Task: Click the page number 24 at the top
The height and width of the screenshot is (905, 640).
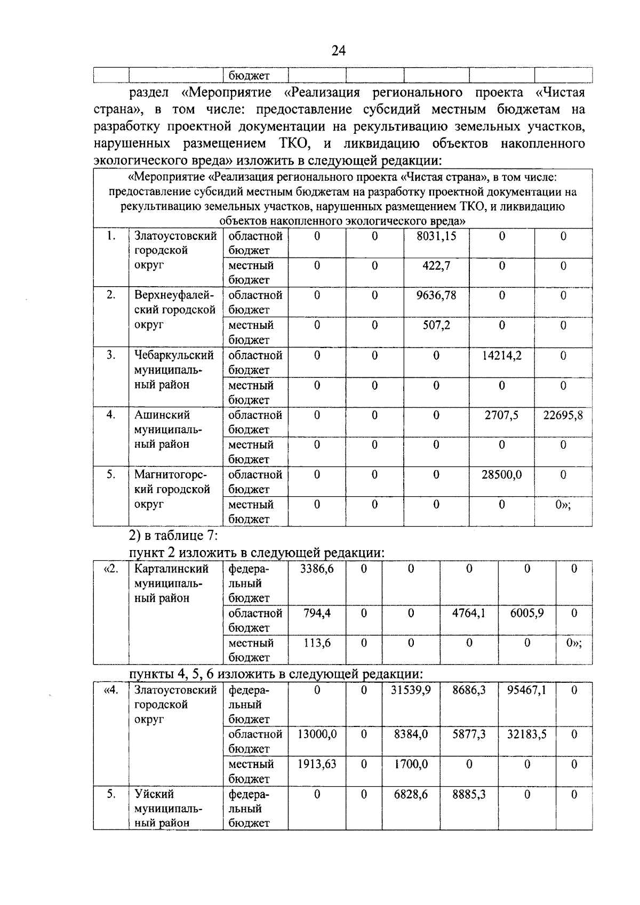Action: click(338, 51)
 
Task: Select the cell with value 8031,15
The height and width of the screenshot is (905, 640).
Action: click(436, 236)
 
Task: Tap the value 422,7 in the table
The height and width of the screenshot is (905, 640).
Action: click(436, 265)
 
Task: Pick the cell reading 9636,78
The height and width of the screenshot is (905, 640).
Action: click(436, 295)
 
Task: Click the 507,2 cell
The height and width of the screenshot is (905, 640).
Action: click(436, 325)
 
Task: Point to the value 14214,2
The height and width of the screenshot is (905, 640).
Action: click(501, 355)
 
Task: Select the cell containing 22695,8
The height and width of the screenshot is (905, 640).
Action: click(563, 415)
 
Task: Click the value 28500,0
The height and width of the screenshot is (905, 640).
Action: click(501, 475)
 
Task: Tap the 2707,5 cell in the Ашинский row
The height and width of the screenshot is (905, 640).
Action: click(501, 415)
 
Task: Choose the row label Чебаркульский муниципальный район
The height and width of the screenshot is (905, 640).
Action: click(174, 370)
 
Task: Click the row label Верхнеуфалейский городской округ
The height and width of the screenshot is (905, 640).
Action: click(174, 310)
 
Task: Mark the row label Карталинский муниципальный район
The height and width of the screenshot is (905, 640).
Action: click(171, 584)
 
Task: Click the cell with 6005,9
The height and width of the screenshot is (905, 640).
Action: click(526, 613)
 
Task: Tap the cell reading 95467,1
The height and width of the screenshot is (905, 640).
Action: click(526, 690)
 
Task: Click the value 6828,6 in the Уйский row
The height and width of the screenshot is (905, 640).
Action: click(410, 795)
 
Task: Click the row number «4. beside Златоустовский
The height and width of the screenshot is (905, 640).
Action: click(110, 690)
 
